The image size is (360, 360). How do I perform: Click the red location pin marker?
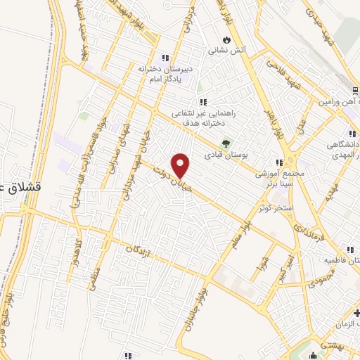coord(181,165)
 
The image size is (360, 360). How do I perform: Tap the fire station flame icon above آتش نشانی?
coord(226,39)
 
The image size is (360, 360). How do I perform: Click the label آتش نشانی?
coord(226,51)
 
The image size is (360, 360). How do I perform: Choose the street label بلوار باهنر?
coord(282,123)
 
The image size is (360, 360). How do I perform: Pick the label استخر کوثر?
coord(274,209)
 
